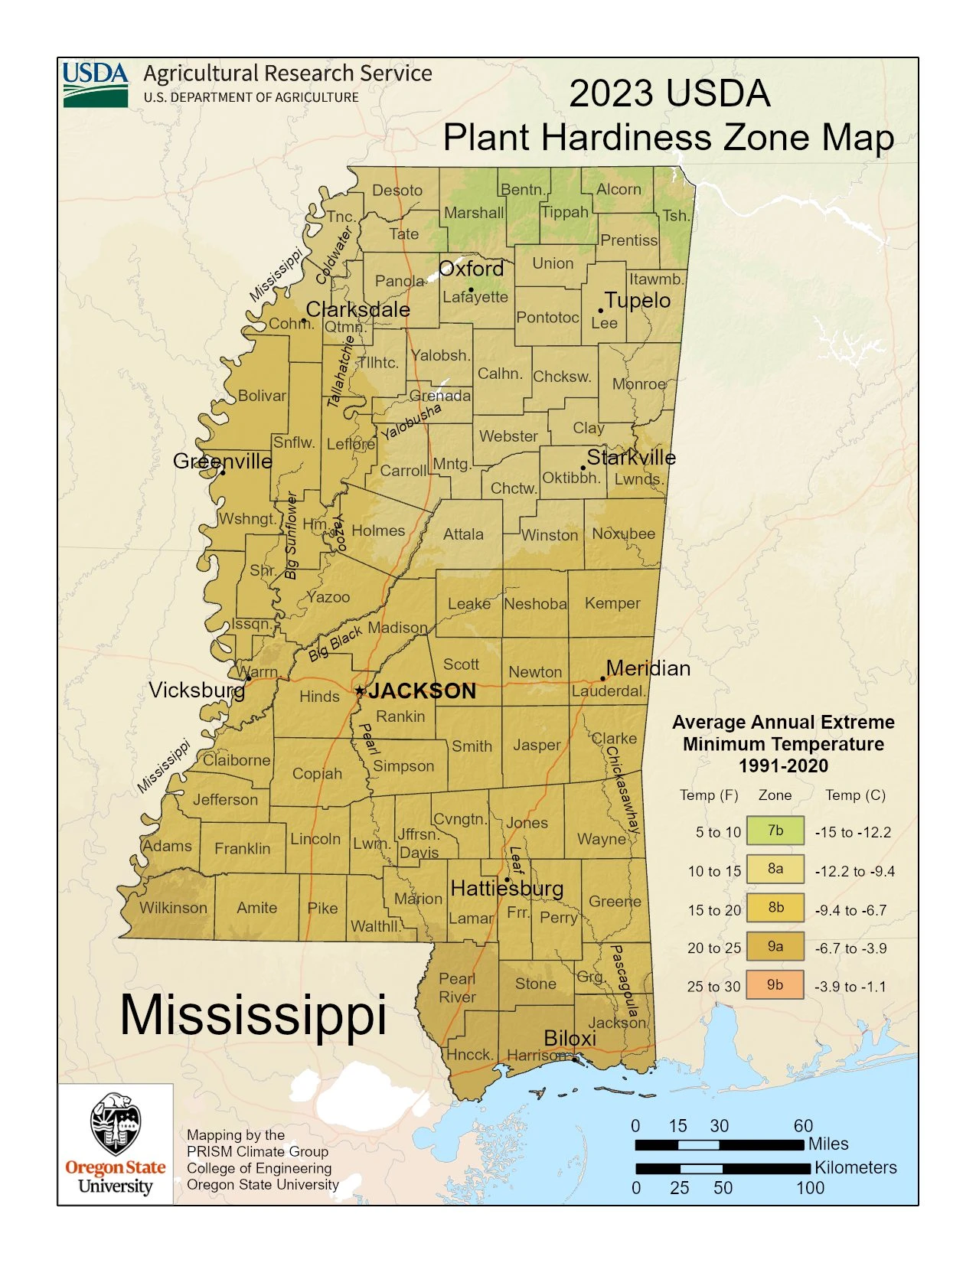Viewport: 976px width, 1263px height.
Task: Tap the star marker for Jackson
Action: point(360,690)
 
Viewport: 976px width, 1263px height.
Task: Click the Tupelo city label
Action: point(637,300)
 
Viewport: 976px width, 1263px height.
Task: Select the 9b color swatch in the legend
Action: point(775,985)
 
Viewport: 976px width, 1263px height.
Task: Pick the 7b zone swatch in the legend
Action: point(775,831)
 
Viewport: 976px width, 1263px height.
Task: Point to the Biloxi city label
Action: point(570,1038)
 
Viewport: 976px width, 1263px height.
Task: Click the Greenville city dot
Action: point(223,472)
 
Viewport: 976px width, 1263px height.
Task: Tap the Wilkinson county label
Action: point(173,908)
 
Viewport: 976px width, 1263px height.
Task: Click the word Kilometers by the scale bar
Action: point(855,1167)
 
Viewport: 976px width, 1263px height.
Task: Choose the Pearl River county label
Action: point(457,987)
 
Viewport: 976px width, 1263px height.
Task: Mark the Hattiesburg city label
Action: point(507,888)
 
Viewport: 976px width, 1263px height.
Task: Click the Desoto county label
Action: point(397,190)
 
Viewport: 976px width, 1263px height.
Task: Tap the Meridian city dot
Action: point(602,678)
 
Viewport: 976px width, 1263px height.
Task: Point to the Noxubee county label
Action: point(623,534)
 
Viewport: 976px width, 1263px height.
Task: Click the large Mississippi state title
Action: point(253,1015)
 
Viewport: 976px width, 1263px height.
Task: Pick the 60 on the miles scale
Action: point(803,1125)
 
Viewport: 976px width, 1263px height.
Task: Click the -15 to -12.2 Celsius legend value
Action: point(853,832)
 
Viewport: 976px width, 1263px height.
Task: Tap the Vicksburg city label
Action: point(197,690)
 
